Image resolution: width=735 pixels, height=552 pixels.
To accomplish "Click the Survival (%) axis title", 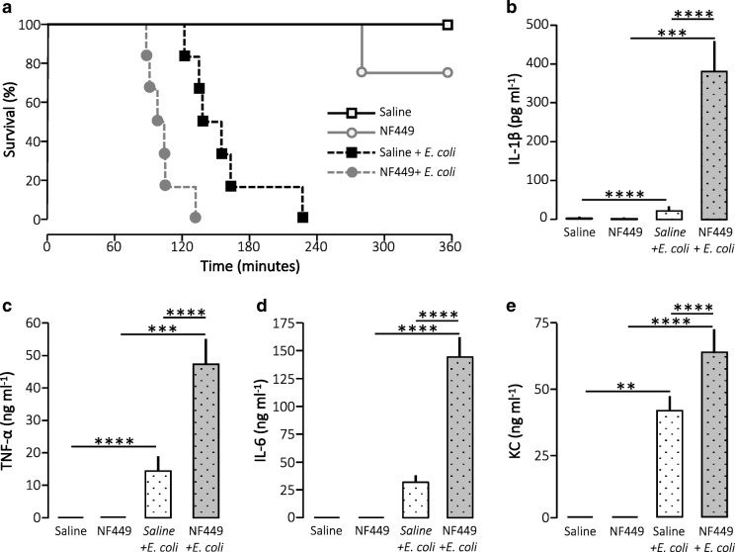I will [x=13, y=121].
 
